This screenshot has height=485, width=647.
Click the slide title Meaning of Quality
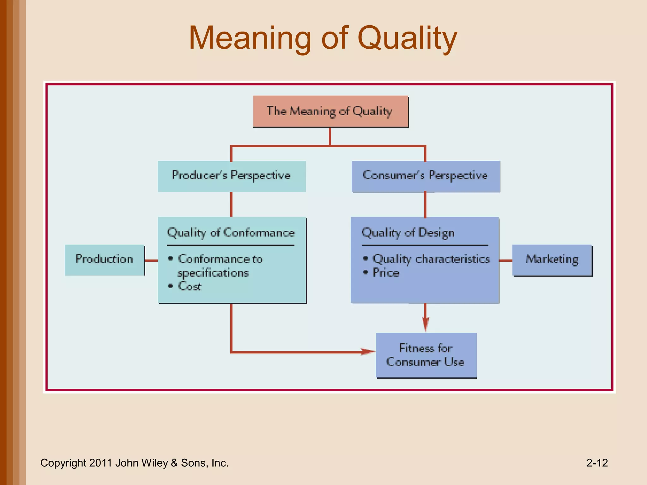pyautogui.click(x=323, y=39)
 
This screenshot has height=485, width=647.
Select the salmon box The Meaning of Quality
pyautogui.click(x=330, y=111)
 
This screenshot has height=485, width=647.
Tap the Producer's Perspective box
pyautogui.click(x=232, y=176)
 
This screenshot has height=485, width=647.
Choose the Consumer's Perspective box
pyautogui.click(x=426, y=176)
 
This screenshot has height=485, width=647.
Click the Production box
pyautogui.click(x=105, y=260)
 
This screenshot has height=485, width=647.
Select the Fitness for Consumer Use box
pyautogui.click(x=426, y=355)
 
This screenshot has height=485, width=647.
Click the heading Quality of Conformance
pyautogui.click(x=231, y=233)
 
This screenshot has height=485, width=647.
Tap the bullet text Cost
pyautogui.click(x=190, y=286)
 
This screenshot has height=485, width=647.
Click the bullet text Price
pyautogui.click(x=386, y=273)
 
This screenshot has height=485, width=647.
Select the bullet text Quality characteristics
pyautogui.click(x=431, y=259)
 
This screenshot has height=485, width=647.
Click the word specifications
pyautogui.click(x=213, y=273)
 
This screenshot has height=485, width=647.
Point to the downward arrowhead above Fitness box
pyautogui.click(x=425, y=324)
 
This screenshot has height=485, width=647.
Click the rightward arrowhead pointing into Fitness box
pyautogui.click(x=368, y=351)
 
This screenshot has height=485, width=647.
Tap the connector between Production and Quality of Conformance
pyautogui.click(x=151, y=260)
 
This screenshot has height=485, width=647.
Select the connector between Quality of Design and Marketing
pyautogui.click(x=506, y=260)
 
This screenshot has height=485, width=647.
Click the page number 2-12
pyautogui.click(x=597, y=463)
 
